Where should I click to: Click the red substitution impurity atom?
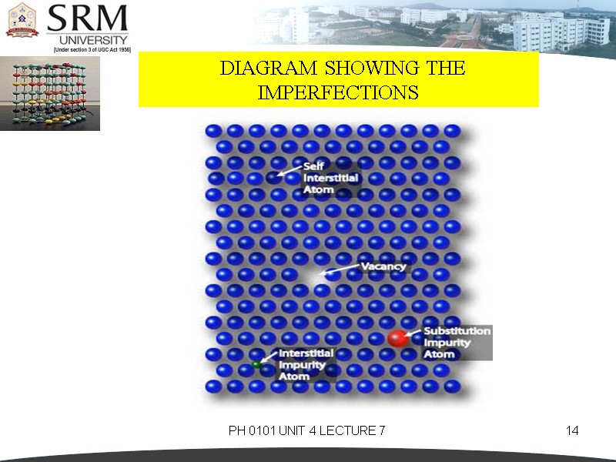(x=397, y=337)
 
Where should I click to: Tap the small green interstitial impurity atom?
(x=256, y=363)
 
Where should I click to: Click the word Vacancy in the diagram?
(x=383, y=266)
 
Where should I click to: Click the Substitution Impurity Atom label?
(x=457, y=343)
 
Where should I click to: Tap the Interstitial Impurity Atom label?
(x=306, y=366)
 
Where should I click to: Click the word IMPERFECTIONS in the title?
(x=338, y=93)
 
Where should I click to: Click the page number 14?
(x=571, y=430)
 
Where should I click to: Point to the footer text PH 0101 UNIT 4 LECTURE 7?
(x=306, y=430)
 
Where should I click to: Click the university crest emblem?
(x=22, y=21)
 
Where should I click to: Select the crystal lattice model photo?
(x=50, y=92)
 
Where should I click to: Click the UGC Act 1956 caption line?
(x=92, y=49)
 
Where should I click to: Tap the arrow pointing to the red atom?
(x=413, y=333)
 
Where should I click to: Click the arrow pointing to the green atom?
(x=267, y=357)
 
